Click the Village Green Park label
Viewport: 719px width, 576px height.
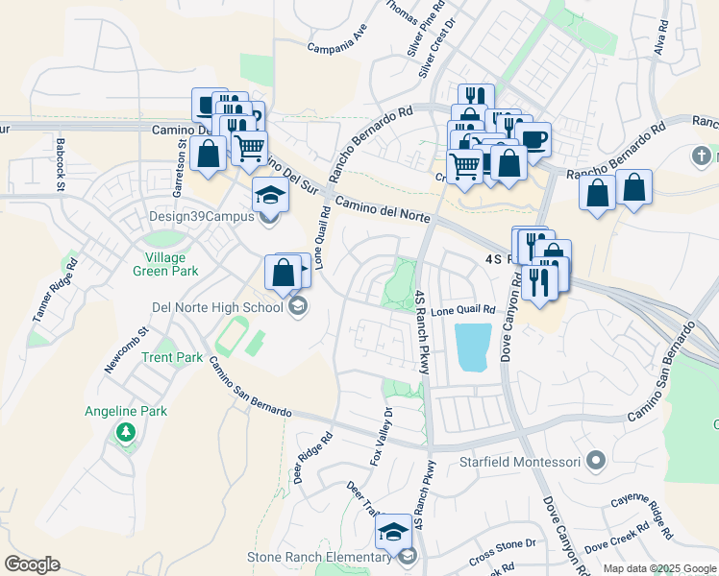(172, 264)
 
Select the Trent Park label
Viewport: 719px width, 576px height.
(171, 357)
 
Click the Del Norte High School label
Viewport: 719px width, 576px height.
(217, 307)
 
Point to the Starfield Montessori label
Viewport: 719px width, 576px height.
(520, 462)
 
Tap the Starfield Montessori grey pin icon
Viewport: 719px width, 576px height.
(596, 462)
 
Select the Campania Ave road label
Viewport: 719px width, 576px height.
(337, 43)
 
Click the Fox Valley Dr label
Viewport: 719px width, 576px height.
(380, 436)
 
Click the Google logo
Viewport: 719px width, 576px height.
(32, 564)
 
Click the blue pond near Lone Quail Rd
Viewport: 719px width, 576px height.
(474, 348)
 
